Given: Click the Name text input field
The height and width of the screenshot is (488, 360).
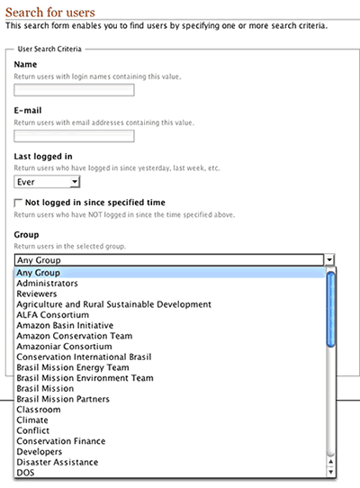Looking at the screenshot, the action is tap(75, 90).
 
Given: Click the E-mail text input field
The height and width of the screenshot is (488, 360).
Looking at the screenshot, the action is tap(75, 136).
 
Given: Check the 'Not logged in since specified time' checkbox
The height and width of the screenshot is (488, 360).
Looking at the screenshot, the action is tap(19, 203).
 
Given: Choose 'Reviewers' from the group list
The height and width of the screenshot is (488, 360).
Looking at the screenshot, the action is tap(37, 294).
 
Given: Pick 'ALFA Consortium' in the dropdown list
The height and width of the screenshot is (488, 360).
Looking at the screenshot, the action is tap(53, 315).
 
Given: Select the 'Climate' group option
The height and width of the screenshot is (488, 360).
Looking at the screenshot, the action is tap(32, 420).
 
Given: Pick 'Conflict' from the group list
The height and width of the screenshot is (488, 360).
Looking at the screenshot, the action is tap(34, 430).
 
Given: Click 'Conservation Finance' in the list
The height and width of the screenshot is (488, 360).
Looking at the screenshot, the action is tap(60, 441).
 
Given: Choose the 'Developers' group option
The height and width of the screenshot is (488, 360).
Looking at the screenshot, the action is tap(40, 452).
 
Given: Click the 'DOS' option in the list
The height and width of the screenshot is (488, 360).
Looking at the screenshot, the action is tap(25, 472).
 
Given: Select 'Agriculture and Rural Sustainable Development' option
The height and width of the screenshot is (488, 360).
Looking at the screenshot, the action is tap(113, 304).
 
